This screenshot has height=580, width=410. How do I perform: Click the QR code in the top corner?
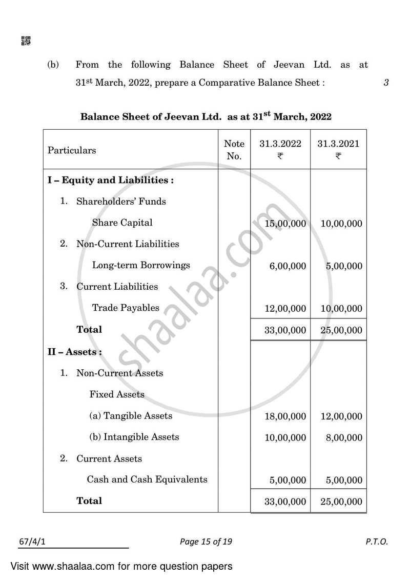tap(26, 41)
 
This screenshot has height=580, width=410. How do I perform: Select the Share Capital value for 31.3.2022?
tap(285, 224)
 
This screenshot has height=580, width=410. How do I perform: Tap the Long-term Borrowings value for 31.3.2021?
tap(344, 266)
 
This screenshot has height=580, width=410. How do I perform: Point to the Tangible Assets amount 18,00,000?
tap(285, 416)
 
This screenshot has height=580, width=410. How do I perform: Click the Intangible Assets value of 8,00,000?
tap(344, 438)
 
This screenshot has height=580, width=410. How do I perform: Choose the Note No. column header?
tap(234, 150)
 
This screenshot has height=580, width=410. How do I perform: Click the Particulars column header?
tap(72, 150)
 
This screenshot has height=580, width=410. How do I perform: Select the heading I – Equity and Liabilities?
tap(111, 180)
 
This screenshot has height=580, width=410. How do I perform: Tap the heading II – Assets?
tap(75, 352)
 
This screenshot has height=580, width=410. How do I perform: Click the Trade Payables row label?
tap(126, 308)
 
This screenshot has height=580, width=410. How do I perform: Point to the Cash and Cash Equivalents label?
tap(147, 479)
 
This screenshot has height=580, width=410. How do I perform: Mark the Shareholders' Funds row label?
tap(121, 202)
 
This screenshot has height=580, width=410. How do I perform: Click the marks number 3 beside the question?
tap(386, 83)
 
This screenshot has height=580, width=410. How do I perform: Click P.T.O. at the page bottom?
tap(378, 541)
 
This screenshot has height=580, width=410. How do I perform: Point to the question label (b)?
tap(53, 65)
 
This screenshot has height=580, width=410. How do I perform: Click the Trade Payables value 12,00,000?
tap(285, 309)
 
